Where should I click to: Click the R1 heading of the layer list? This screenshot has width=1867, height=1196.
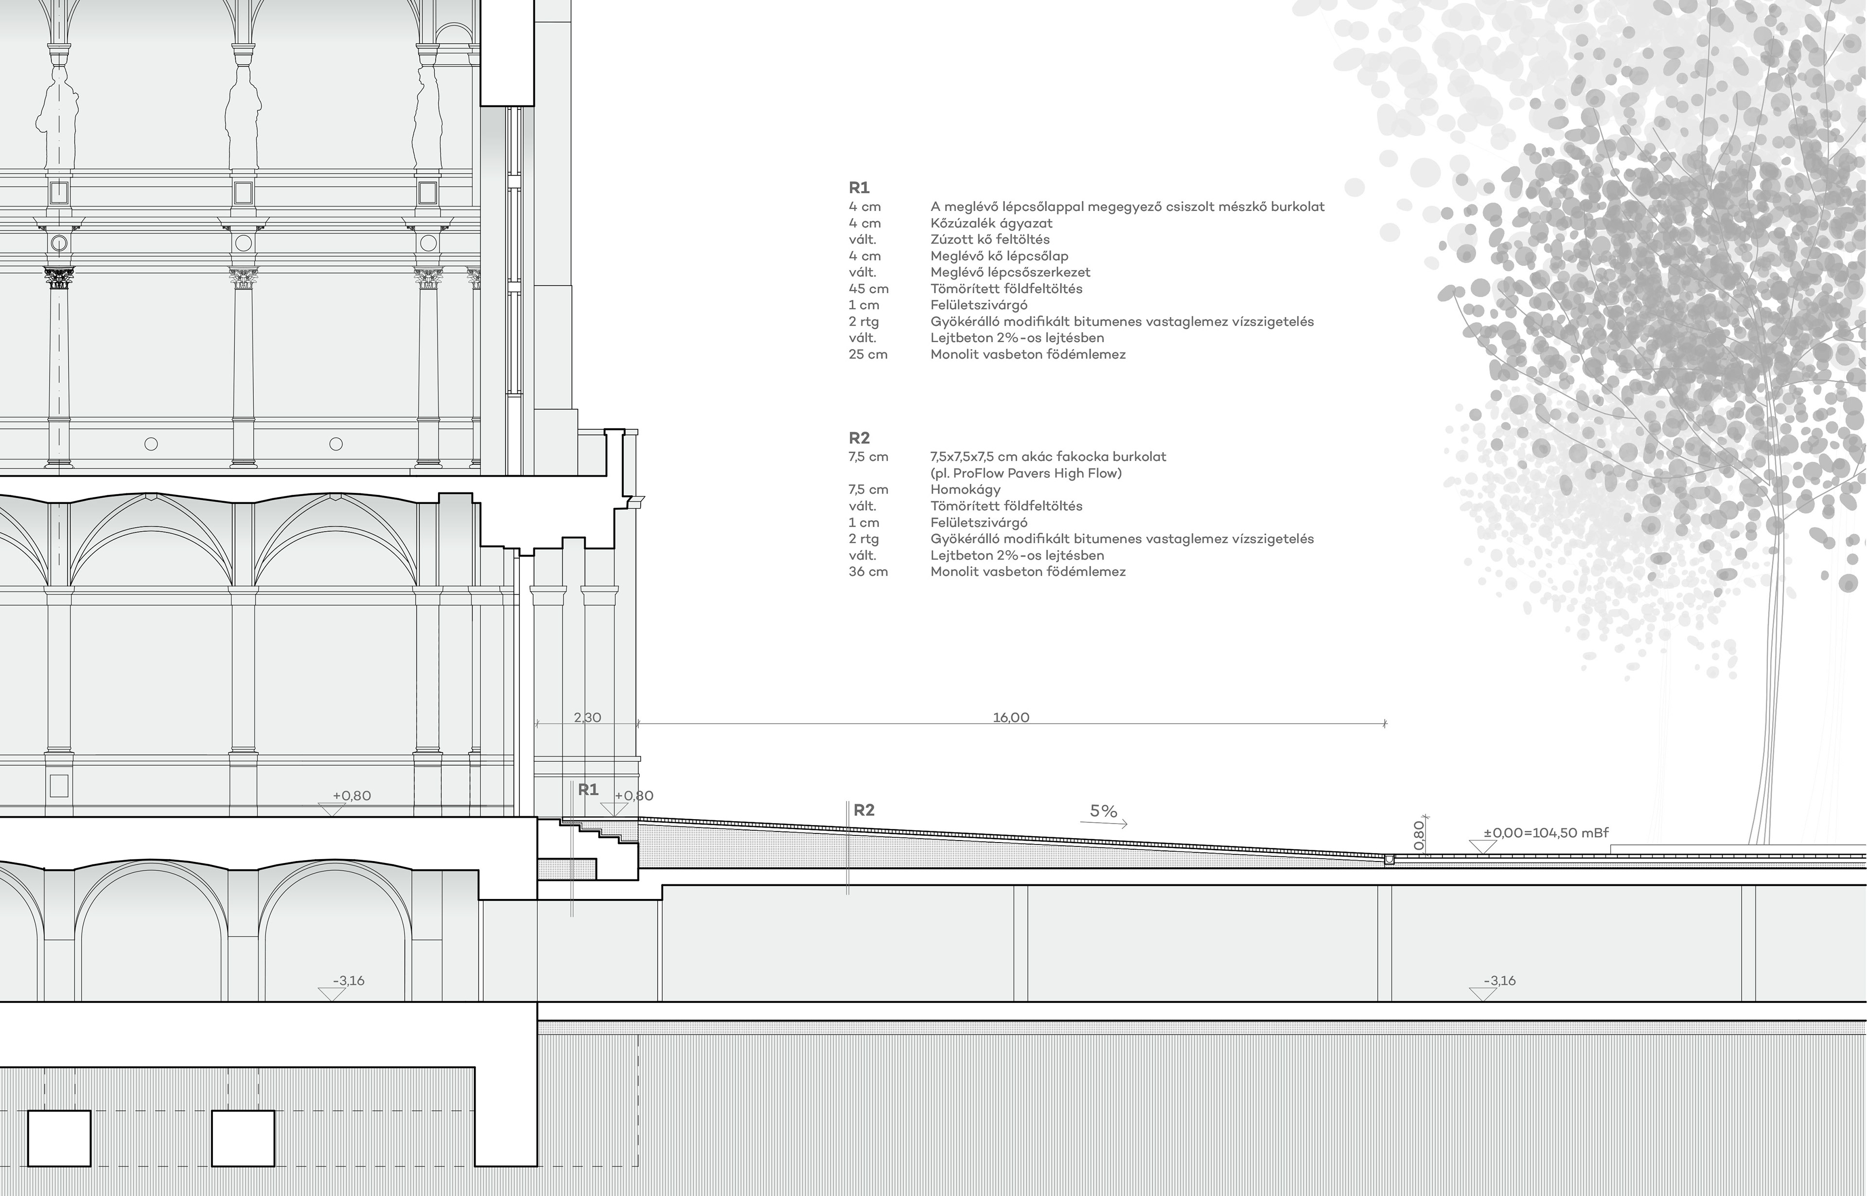click(x=859, y=188)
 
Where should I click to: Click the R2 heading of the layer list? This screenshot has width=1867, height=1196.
click(x=859, y=438)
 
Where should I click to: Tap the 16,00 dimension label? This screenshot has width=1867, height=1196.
click(x=1010, y=718)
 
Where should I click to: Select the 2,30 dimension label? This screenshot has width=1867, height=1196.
click(x=587, y=718)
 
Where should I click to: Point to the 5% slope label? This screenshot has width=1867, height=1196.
click(x=1103, y=811)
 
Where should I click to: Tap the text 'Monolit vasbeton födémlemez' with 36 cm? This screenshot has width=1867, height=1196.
click(x=1027, y=572)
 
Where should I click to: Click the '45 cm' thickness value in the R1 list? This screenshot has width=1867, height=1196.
click(x=868, y=289)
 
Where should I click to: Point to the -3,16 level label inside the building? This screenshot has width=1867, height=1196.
click(x=349, y=981)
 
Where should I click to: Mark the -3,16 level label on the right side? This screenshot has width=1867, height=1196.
click(x=1499, y=981)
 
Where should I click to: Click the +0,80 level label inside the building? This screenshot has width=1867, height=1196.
click(x=352, y=796)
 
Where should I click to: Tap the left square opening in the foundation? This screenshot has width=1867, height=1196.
click(x=59, y=1138)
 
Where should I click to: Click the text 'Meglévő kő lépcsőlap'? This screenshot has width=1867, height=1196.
click(x=999, y=256)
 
